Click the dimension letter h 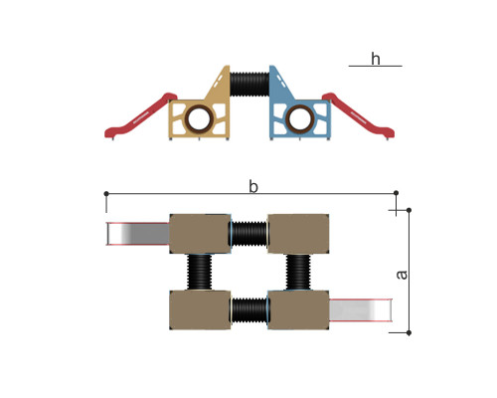[x=376, y=59]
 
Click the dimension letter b [x=253, y=186]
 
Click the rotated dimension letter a [x=402, y=275]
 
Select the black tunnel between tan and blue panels [x=249, y=85]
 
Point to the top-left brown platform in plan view [x=200, y=234]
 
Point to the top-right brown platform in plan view [x=298, y=234]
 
